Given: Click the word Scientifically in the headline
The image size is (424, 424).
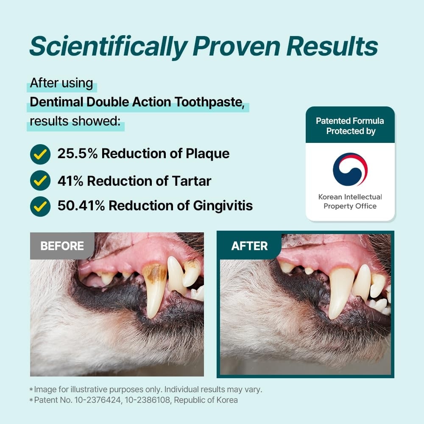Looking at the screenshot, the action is click(109, 47).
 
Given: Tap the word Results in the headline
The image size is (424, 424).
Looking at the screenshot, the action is click(332, 46).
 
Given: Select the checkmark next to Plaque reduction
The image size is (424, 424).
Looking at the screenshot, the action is click(40, 154).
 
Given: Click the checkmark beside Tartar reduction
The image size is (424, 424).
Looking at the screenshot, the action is click(40, 180).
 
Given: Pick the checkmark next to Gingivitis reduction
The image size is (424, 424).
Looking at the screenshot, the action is click(40, 206).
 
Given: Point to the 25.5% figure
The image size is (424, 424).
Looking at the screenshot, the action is click(77, 153).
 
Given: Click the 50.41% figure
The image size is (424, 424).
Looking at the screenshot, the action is click(81, 206).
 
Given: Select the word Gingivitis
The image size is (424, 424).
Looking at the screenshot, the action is click(223, 206).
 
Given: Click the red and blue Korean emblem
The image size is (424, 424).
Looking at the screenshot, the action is click(350, 170).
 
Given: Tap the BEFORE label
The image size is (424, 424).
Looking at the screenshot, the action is click(62, 246).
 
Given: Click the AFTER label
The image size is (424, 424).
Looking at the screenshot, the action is click(249, 246).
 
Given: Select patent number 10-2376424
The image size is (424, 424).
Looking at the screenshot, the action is click(98, 400).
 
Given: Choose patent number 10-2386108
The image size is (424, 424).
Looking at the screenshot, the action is click(148, 400).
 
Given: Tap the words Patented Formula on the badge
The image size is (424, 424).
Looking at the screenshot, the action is click(350, 121).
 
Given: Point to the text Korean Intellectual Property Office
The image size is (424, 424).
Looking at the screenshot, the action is click(350, 201).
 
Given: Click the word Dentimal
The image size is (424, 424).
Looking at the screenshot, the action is click(56, 102).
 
